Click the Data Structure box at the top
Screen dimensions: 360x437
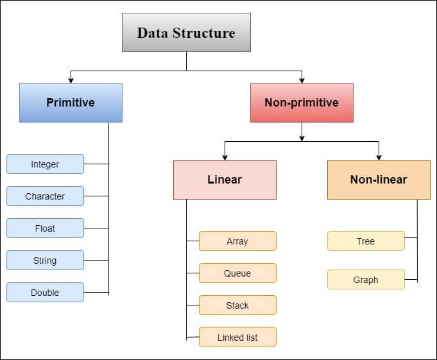(186, 32)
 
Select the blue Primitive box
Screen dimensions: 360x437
(71, 103)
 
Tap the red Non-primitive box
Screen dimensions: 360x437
(302, 103)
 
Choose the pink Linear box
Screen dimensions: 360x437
(225, 180)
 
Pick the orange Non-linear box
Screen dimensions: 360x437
(379, 180)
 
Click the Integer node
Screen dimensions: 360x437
(45, 164)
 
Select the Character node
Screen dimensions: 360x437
(45, 196)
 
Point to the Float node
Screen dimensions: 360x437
(45, 228)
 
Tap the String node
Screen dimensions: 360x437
(45, 261)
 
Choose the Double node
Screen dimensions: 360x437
(45, 293)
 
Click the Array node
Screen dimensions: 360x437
(237, 241)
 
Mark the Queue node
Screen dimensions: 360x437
(237, 273)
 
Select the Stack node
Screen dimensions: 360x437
(237, 305)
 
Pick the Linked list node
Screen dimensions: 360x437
(237, 338)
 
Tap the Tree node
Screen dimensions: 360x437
(366, 241)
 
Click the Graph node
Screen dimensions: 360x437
(366, 280)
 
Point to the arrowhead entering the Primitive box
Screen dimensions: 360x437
(71, 80)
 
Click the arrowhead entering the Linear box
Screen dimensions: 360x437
(225, 157)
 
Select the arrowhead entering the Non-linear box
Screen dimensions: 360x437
(379, 157)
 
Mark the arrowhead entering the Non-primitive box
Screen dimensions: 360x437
(302, 80)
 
